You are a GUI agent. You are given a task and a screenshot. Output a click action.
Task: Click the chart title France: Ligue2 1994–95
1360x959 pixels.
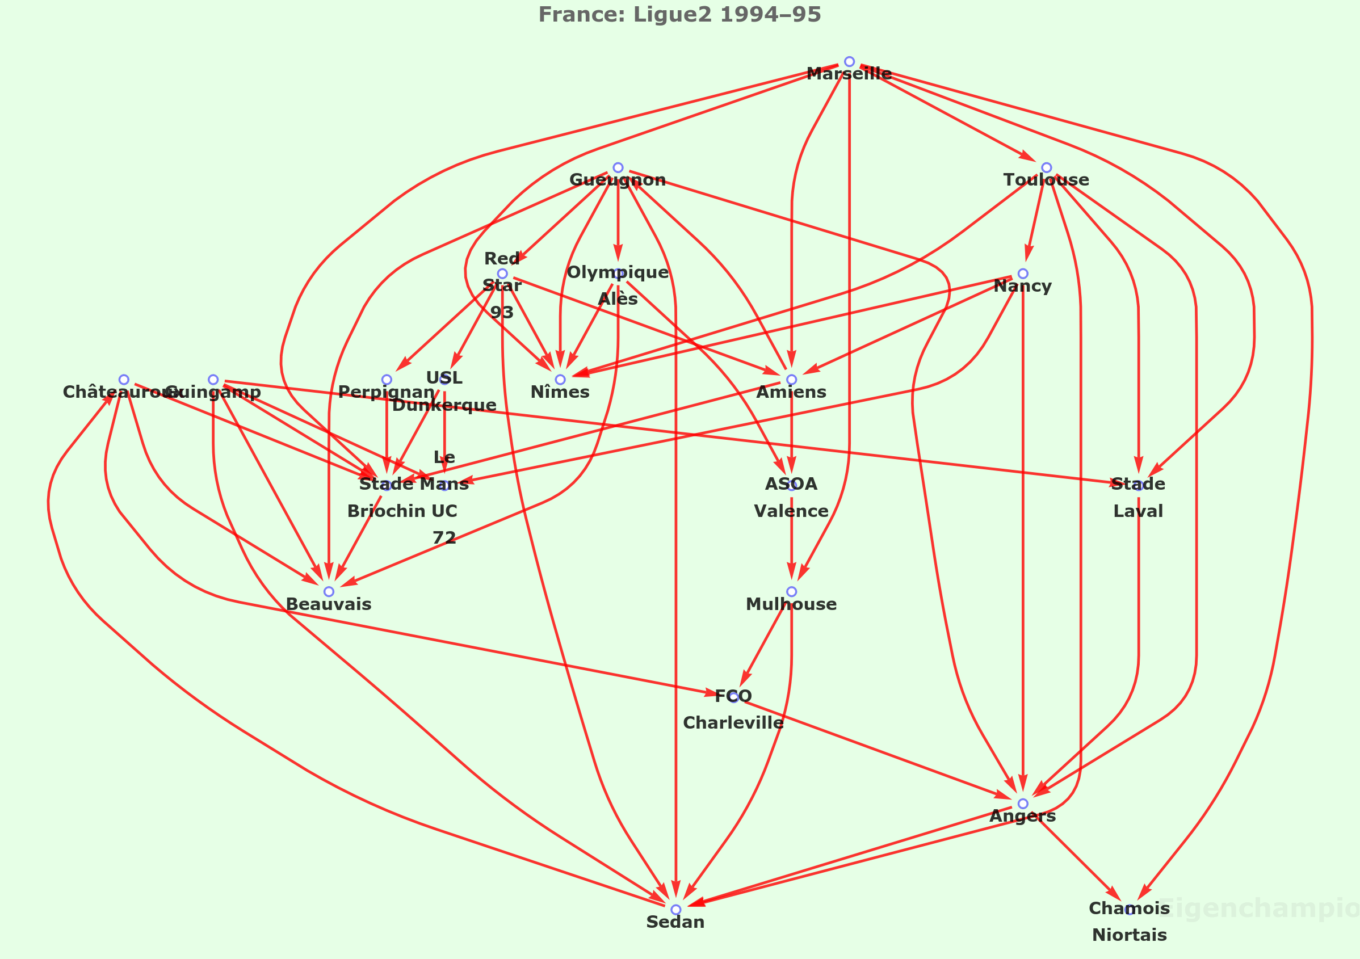coord(679,14)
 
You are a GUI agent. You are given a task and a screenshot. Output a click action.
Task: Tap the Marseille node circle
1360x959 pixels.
coord(849,62)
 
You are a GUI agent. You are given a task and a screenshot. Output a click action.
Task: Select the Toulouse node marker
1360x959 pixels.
coord(1046,167)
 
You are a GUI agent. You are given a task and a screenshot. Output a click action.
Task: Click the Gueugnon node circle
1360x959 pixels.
coord(618,167)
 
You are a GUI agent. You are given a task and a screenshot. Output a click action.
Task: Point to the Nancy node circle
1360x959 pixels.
coord(1022,274)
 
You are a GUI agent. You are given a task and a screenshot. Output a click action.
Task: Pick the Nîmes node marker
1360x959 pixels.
coord(560,380)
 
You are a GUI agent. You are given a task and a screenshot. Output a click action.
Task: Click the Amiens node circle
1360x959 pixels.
coord(791,380)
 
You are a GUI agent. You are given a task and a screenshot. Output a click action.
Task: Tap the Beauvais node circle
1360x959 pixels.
coord(329,592)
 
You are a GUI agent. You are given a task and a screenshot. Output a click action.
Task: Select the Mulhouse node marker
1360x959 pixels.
coord(791,592)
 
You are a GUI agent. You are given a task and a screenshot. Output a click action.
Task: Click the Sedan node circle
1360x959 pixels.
coord(675,910)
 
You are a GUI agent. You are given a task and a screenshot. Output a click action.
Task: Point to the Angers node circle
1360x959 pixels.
coord(1022,804)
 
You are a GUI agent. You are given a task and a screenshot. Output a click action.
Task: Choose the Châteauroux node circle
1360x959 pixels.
coord(124,380)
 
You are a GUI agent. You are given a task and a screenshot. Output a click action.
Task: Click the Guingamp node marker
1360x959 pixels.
coord(213,380)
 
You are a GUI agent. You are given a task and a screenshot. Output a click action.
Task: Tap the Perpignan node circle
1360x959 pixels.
coord(386,380)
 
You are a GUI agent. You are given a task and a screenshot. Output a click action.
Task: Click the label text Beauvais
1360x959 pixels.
coord(329,604)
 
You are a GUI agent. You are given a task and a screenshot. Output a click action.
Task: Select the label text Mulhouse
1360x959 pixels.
coord(791,604)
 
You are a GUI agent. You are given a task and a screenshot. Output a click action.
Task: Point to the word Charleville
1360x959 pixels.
coord(733,723)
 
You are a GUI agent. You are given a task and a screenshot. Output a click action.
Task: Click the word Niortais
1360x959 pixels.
coord(1129,935)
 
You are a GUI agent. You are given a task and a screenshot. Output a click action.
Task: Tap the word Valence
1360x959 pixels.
coord(791,511)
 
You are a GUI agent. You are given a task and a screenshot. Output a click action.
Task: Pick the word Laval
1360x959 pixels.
coord(1138,511)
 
